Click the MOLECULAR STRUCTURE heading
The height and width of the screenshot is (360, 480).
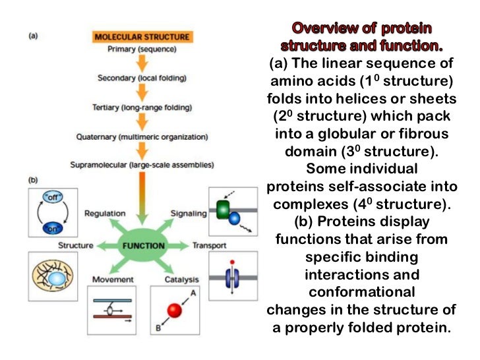point(142,37)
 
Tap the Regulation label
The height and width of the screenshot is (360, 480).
point(105,214)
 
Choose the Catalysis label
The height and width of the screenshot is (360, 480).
point(181,280)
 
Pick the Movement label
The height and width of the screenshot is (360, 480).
point(113,280)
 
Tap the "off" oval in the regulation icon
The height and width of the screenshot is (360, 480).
point(50,197)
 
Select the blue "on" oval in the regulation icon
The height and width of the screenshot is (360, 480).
point(50,227)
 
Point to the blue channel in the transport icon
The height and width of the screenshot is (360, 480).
point(231,276)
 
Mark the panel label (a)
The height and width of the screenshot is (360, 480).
point(33,36)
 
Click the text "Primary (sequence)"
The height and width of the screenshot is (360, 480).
point(142,48)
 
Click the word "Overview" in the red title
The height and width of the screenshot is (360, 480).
point(324,29)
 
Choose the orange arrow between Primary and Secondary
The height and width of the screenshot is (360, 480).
point(142,63)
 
